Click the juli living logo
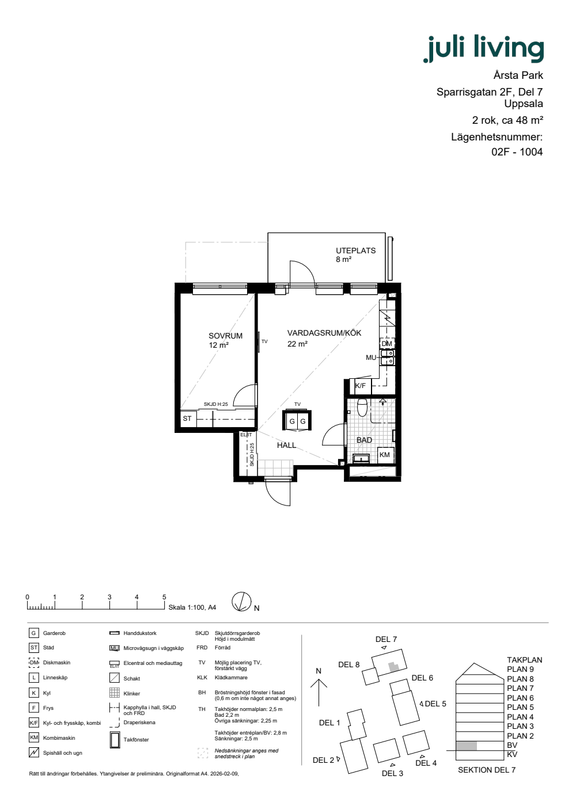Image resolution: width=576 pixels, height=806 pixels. (x=483, y=48)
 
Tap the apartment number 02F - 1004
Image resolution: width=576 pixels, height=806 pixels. (x=517, y=152)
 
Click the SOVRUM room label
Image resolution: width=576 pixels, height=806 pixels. (x=225, y=336)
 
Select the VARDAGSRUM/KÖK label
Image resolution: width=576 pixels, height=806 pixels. (x=324, y=333)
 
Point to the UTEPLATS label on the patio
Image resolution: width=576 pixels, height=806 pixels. (x=356, y=250)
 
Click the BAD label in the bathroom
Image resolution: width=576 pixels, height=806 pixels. (x=364, y=440)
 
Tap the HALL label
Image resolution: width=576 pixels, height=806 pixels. (x=287, y=445)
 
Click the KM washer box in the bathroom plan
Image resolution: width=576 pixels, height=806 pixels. (x=385, y=455)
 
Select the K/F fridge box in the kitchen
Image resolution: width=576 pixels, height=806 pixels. (x=361, y=386)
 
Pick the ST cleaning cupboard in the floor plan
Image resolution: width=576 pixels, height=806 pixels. (x=188, y=419)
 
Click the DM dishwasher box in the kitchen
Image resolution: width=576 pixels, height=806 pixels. (x=387, y=344)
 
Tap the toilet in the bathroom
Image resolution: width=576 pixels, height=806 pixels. (x=362, y=406)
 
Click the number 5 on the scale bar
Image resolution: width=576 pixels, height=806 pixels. (x=164, y=597)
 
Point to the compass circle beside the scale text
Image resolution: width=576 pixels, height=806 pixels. (x=241, y=602)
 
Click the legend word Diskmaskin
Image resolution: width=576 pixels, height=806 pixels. (x=56, y=663)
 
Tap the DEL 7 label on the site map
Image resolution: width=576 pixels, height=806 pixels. (x=386, y=639)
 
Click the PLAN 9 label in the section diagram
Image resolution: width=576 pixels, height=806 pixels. (x=520, y=669)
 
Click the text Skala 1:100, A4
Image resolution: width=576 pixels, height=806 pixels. (x=192, y=607)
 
